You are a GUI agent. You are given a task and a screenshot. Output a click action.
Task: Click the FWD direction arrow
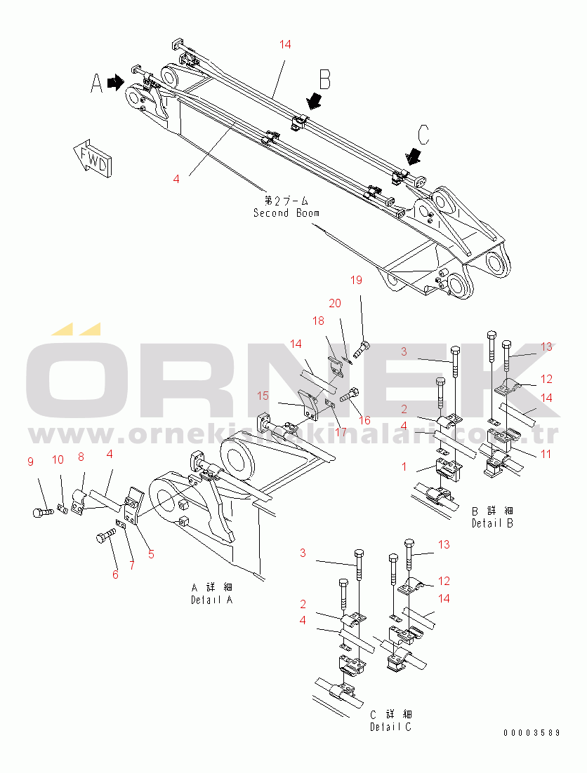tap(91, 156)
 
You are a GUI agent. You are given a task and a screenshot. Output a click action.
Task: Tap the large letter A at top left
tap(97, 83)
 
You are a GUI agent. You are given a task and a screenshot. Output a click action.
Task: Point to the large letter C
tap(423, 133)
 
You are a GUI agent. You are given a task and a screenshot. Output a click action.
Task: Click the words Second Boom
tap(286, 213)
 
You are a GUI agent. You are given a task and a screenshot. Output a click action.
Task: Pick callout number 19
tap(356, 281)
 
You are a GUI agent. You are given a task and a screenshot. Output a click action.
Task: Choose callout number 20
tap(335, 303)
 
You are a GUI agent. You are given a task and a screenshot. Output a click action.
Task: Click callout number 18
tap(318, 321)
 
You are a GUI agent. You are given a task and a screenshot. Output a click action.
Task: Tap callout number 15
tap(263, 396)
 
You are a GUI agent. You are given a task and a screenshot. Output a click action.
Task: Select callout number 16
tap(364, 419)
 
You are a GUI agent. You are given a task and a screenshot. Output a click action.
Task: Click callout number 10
tap(58, 459)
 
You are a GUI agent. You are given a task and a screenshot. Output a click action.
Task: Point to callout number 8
tap(81, 457)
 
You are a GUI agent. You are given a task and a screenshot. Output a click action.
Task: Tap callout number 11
tap(546, 454)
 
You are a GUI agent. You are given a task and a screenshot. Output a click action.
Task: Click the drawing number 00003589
tap(532, 733)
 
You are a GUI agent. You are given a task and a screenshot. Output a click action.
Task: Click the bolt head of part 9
tap(38, 513)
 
